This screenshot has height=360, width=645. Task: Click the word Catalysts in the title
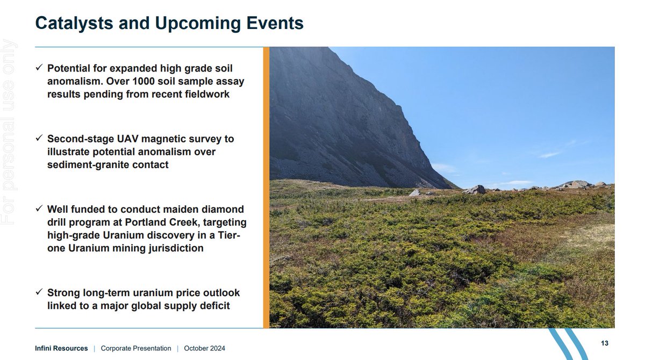click(74, 23)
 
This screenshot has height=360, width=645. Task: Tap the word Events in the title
click(275, 23)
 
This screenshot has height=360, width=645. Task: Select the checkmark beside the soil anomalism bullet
click(39, 67)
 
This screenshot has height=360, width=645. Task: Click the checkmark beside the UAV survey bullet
click(39, 138)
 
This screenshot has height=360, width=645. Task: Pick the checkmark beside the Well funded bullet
click(39, 208)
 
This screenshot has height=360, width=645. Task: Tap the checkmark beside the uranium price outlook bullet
click(39, 292)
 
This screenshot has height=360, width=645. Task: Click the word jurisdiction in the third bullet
click(176, 248)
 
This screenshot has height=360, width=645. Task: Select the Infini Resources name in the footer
click(61, 348)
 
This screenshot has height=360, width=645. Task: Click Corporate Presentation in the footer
click(136, 348)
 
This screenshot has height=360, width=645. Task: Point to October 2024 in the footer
click(204, 348)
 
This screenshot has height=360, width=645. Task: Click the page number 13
click(605, 343)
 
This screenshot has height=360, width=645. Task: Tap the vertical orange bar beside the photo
click(267, 188)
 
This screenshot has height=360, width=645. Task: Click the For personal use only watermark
click(9, 132)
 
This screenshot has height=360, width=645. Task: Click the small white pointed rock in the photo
click(414, 192)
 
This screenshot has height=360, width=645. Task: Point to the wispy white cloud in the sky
click(550, 155)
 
